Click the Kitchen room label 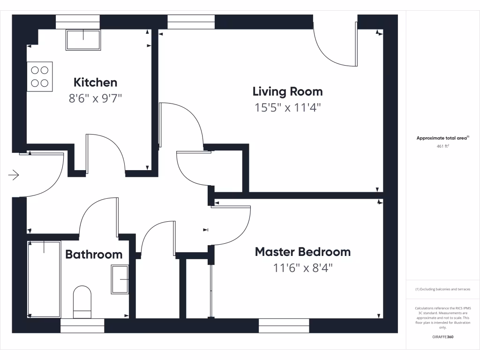pyautogui.click(x=95, y=82)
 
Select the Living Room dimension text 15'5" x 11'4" pyautogui.click(x=287, y=108)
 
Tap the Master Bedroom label pyautogui.click(x=302, y=252)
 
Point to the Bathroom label pyautogui.click(x=94, y=255)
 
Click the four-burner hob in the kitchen pyautogui.click(x=39, y=76)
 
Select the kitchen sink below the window pyautogui.click(x=83, y=40)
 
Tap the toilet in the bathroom pyautogui.click(x=82, y=301)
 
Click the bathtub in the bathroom pyautogui.click(x=44, y=279)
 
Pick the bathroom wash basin pyautogui.click(x=120, y=280)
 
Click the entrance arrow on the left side pyautogui.click(x=14, y=175)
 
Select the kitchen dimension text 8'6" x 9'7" pyautogui.click(x=95, y=98)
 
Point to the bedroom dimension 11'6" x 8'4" pyautogui.click(x=303, y=268)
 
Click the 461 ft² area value pyautogui.click(x=442, y=146)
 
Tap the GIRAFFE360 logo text pyautogui.click(x=442, y=337)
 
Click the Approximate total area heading pyautogui.click(x=442, y=138)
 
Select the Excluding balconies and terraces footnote pyautogui.click(x=442, y=289)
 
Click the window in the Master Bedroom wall pyautogui.click(x=284, y=325)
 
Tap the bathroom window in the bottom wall pyautogui.click(x=82, y=325)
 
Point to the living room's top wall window pyautogui.click(x=191, y=22)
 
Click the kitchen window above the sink pyautogui.click(x=78, y=22)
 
